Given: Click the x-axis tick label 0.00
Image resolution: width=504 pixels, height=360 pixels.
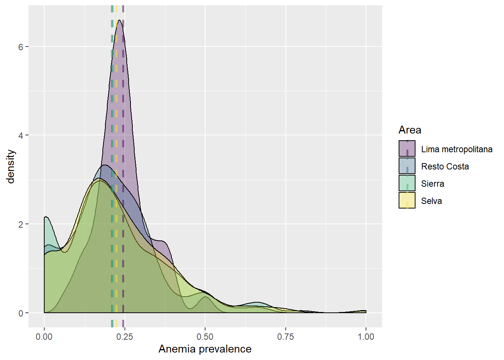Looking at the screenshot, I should pyautogui.click(x=44, y=337).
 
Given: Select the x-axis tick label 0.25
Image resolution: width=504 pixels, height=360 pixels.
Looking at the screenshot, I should pyautogui.click(x=124, y=337).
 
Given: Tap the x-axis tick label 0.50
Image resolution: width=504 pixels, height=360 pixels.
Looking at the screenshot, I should pyautogui.click(x=205, y=337).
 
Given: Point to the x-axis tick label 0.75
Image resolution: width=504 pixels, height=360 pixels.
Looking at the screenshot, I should pyautogui.click(x=285, y=337).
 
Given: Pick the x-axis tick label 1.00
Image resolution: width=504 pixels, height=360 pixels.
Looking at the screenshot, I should pyautogui.click(x=366, y=337).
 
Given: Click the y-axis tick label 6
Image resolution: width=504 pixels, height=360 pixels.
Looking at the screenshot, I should pyautogui.click(x=21, y=47).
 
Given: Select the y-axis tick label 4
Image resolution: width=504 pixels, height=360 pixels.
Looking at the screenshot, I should pyautogui.click(x=21, y=135).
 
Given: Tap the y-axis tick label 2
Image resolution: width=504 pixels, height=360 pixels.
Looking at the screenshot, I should pyautogui.click(x=21, y=224).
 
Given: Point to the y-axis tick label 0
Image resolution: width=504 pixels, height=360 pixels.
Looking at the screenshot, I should pyautogui.click(x=21, y=313).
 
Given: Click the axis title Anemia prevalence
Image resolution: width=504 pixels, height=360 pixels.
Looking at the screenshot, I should pyautogui.click(x=205, y=349).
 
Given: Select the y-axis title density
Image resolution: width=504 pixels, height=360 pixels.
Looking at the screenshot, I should pyautogui.click(x=10, y=166).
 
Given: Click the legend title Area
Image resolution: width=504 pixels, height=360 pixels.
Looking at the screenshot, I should pyautogui.click(x=410, y=130).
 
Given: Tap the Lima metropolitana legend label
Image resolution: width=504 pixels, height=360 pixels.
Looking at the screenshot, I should pyautogui.click(x=456, y=149).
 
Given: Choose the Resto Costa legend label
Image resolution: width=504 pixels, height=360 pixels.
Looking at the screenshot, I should pyautogui.click(x=445, y=166).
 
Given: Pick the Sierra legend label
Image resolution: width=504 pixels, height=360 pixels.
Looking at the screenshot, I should pyautogui.click(x=432, y=184).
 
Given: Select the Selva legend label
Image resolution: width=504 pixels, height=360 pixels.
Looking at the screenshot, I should pyautogui.click(x=431, y=201).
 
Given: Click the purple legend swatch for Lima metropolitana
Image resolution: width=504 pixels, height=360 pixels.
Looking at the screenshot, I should pyautogui.click(x=407, y=148).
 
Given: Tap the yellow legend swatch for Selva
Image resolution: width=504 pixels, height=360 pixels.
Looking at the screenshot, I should pyautogui.click(x=407, y=200).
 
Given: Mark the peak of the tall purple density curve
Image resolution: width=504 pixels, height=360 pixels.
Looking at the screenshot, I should pyautogui.click(x=119, y=20).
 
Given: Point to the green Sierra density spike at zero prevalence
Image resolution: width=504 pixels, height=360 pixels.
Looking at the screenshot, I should pyautogui.click(x=46, y=217).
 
